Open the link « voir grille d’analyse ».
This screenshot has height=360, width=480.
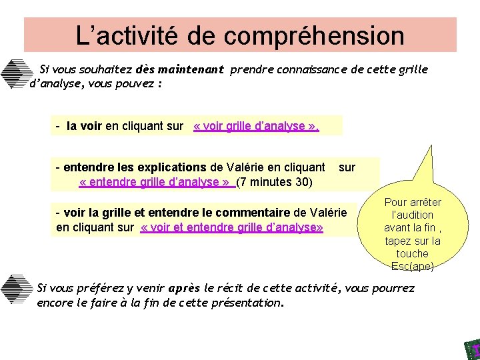coord(256,126)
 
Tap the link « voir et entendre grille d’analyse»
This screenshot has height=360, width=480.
coord(232,228)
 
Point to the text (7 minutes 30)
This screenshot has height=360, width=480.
coord(275,181)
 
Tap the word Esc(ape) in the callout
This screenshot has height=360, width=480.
coord(413,266)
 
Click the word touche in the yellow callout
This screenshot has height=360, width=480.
coord(413,253)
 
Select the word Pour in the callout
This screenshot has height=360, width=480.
coord(395,202)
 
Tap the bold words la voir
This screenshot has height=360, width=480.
coord(84,126)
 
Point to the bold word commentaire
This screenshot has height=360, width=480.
coord(255,213)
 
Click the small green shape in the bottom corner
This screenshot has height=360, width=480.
coord(472,349)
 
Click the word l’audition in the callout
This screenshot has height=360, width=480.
coord(413,215)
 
